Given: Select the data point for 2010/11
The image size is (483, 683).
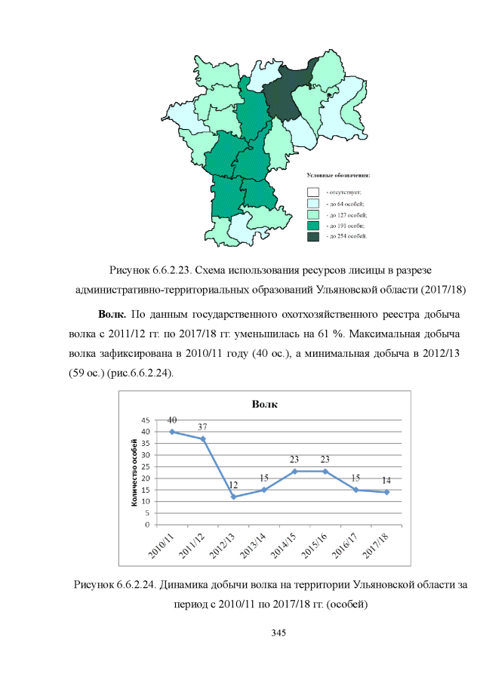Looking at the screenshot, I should (171, 432).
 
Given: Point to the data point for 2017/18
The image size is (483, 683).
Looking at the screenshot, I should (386, 492).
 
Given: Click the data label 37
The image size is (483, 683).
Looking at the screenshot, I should (203, 427).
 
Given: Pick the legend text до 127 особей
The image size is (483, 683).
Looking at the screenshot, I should (346, 214).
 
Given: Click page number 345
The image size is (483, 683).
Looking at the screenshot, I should (278, 632).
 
